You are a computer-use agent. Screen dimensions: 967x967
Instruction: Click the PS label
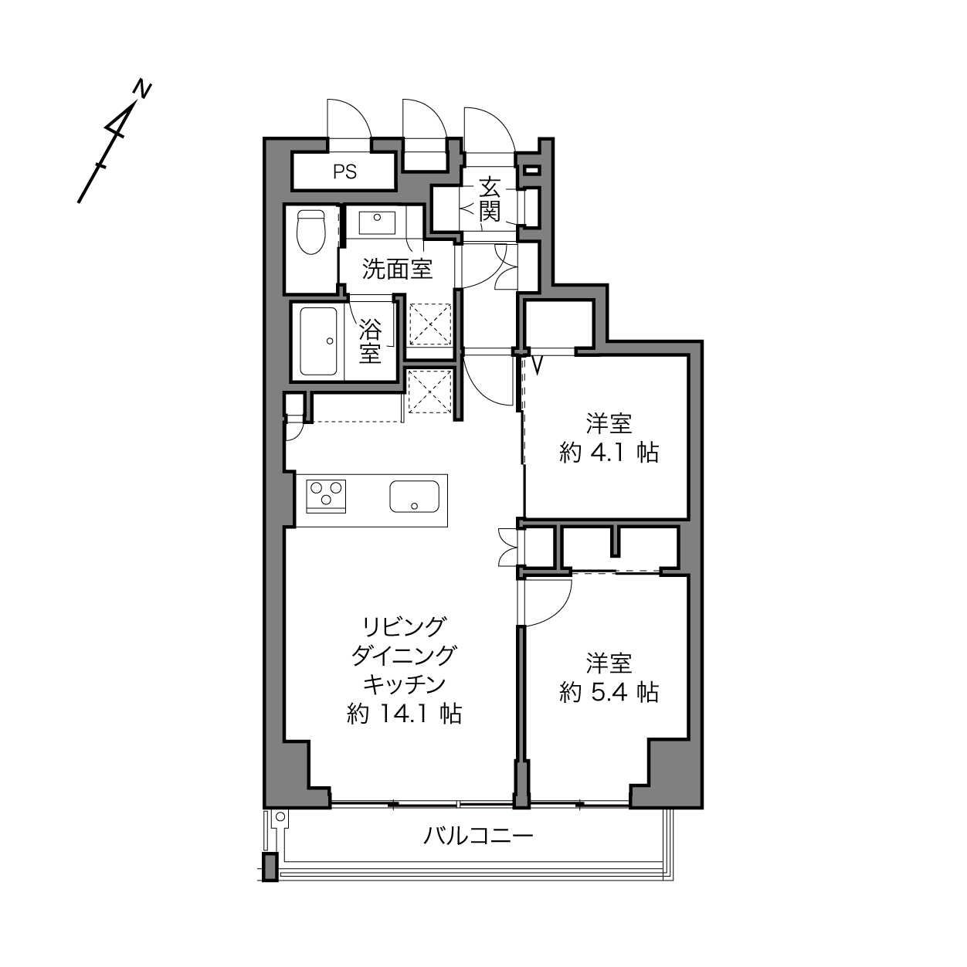coord(344,172)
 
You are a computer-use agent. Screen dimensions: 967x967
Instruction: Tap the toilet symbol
coord(311,232)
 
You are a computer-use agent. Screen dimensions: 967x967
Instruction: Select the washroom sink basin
coord(377,222)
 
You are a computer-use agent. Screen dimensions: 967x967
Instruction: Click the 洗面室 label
coord(397,270)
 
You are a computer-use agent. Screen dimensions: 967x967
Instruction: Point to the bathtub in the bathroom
coord(318,341)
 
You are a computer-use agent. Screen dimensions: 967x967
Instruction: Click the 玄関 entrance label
coord(489,200)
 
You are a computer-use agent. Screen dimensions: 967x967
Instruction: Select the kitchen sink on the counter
coord(415,497)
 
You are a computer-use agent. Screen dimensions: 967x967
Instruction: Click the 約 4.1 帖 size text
coord(609,453)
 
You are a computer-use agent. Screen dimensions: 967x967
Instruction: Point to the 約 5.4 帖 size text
coord(609,693)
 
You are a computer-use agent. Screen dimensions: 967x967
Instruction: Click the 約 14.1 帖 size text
coord(404,714)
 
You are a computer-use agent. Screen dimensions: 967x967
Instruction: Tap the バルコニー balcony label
coord(478,836)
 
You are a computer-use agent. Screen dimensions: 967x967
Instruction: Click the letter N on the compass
coord(142,90)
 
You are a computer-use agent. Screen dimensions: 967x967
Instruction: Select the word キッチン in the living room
coord(404,684)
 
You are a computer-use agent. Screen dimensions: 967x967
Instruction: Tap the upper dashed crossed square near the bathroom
coord(430,324)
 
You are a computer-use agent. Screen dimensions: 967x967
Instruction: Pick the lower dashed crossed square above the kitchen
coord(429,390)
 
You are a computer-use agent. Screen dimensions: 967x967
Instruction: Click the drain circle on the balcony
coord(280,816)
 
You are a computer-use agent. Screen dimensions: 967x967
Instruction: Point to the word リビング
coord(404,626)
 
